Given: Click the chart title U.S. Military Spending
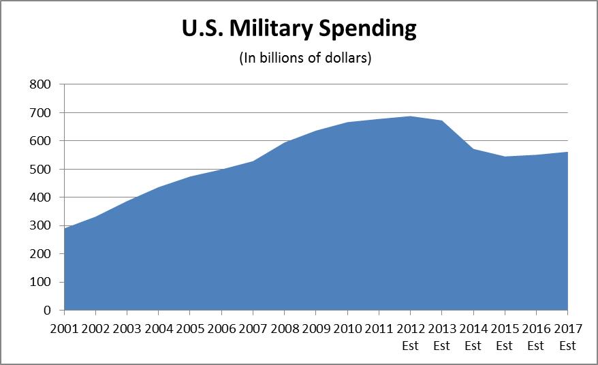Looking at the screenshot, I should pos(299,29).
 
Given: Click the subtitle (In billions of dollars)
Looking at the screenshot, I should pos(304,59).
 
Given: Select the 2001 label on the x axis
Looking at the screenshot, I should pos(64,329).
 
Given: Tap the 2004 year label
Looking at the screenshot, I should pos(159,329).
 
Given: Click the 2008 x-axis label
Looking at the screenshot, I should pos(285,329).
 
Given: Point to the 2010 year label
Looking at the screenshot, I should pos(347,329).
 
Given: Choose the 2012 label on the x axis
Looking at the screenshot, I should pos(411,329).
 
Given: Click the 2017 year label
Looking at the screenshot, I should pos(568,329).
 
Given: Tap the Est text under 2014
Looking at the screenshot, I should pos(473,346).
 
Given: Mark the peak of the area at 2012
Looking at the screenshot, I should pos(411,116).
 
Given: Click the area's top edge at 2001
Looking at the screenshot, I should pos(65,229).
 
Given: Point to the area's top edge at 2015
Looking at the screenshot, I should pos(505,157).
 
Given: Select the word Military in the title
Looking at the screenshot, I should pos(270,29).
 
